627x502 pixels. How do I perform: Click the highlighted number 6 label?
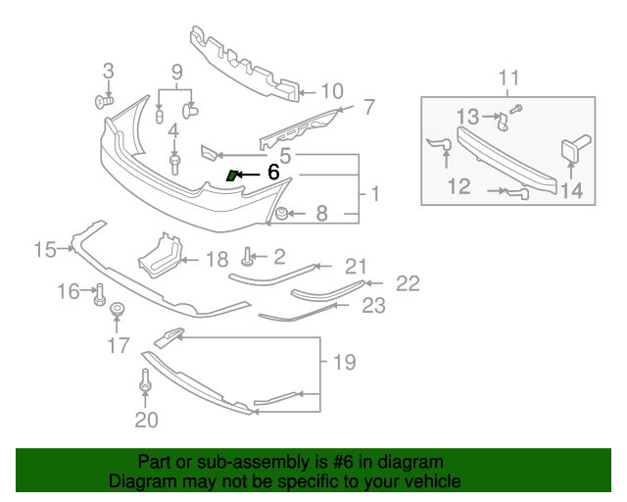tap(273, 172)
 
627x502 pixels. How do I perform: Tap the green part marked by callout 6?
tap(232, 176)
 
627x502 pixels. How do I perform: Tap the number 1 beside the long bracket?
tap(375, 195)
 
